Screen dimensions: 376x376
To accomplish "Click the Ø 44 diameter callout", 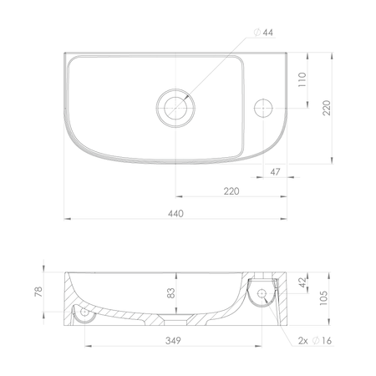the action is point(263,33).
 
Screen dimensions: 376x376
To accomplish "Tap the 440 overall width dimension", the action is point(175,214).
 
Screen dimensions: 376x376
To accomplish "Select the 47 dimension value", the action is point(275,172).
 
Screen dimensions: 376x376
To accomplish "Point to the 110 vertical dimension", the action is point(302,79).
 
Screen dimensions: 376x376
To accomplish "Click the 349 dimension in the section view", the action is point(173,341).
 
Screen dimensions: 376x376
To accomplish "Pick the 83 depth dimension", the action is point(171,293).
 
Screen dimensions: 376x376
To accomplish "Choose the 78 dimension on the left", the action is point(38,292).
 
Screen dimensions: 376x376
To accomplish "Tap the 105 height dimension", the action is point(323,298).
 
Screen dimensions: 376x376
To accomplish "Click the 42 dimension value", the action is point(302,282).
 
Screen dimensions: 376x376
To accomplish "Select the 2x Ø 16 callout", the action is point(315,341).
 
